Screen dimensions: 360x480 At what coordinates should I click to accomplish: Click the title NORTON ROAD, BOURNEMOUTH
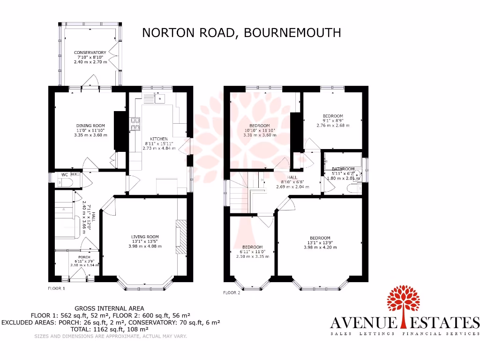[241, 32]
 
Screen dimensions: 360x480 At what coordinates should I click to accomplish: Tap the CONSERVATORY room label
[90, 52]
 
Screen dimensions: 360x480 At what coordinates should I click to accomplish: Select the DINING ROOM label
[90, 126]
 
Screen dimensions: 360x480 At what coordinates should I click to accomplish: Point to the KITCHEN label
[159, 139]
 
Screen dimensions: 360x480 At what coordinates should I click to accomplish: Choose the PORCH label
[84, 257]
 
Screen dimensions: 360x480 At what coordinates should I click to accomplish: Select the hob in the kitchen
[136, 123]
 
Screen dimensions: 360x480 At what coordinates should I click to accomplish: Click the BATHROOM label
[343, 169]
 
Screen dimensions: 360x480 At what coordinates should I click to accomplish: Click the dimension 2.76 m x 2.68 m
[333, 125]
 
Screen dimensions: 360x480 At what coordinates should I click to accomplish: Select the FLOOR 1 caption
[57, 288]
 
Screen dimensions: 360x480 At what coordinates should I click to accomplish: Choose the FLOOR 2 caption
[232, 292]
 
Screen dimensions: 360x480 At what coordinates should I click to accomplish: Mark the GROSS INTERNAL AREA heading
[111, 308]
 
